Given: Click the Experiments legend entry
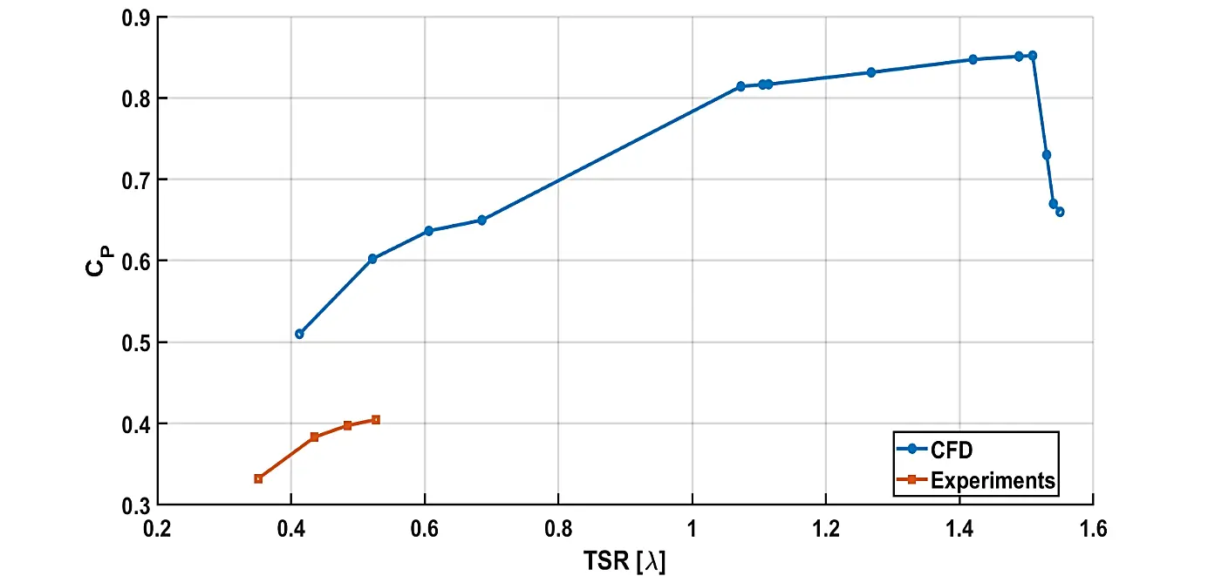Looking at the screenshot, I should point(993,480).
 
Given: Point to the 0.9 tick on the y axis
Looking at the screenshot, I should point(135,17).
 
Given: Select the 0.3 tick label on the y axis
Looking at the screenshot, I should point(135,505).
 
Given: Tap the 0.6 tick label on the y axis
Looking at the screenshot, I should point(135,261).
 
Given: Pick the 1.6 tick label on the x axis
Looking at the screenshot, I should point(1093,527).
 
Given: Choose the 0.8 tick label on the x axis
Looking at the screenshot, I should point(558,527).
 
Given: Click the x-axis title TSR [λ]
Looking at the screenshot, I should point(624,559).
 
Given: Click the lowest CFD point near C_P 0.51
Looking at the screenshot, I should point(299,334).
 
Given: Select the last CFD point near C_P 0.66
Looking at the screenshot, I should point(1060,212).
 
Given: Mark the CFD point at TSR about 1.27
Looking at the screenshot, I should point(870,72).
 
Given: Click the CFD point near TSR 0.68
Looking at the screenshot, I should point(481,220).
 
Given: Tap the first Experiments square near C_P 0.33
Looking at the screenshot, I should point(258,478).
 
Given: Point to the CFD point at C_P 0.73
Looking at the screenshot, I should point(1047,155).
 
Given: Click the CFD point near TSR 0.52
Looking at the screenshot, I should point(372,259).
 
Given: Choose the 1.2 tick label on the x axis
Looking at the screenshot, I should point(825,527).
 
